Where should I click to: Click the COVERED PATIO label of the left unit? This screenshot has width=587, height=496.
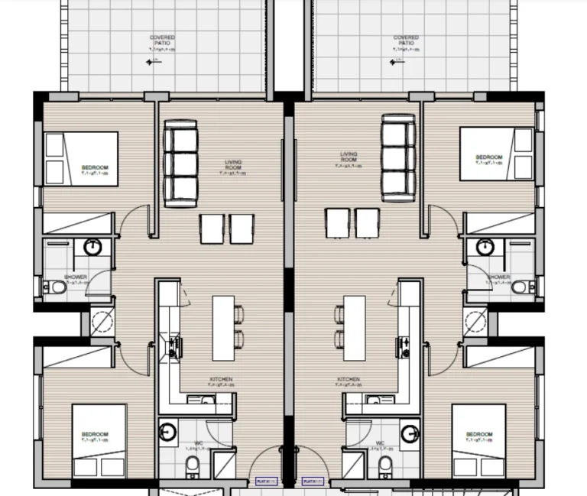pyautogui.click(x=161, y=40)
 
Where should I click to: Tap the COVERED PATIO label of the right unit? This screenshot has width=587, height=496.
pyautogui.click(x=406, y=40)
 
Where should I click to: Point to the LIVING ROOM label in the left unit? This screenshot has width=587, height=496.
pyautogui.click(x=233, y=165)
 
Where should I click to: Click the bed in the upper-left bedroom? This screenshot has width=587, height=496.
pyautogui.click(x=81, y=158)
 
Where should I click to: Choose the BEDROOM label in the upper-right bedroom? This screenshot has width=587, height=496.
pyautogui.click(x=489, y=157)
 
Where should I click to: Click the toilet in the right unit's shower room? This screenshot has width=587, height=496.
pyautogui.click(x=519, y=287)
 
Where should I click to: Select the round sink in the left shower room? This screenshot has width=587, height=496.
pyautogui.click(x=92, y=247)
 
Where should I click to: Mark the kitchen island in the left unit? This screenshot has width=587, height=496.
pyautogui.click(x=223, y=327)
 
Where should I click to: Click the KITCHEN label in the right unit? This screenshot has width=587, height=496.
pyautogui.click(x=349, y=381)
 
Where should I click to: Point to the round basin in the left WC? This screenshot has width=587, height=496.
pyautogui.click(x=167, y=432)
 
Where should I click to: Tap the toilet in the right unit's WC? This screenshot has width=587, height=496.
pyautogui.click(x=386, y=463)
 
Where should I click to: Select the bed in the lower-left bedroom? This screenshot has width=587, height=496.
pyautogui.click(x=99, y=441)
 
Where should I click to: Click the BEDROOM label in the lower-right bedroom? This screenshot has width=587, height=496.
pyautogui.click(x=479, y=436)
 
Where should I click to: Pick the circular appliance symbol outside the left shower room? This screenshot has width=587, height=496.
pyautogui.click(x=102, y=322)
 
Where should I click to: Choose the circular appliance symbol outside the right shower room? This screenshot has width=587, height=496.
pyautogui.click(x=476, y=321)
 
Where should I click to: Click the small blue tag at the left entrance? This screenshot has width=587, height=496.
pyautogui.click(x=266, y=481)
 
